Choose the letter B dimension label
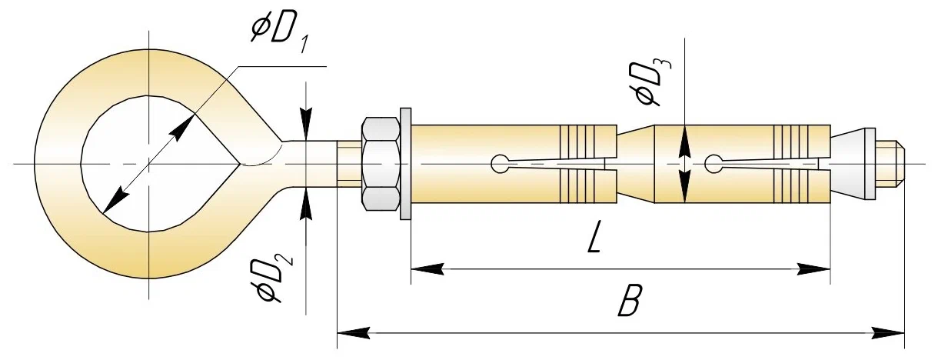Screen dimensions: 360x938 [x=629, y=303]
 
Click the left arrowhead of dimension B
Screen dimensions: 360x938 [x=354, y=333]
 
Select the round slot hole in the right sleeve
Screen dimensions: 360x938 [x=713, y=163]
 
